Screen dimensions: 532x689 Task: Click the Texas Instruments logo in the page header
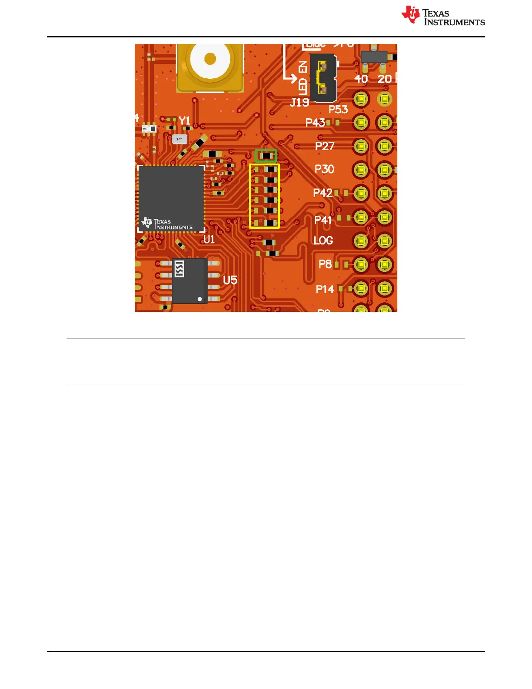442,16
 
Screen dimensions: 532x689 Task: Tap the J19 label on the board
299,103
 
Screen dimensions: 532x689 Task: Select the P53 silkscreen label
338,110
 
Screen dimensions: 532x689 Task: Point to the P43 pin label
315,123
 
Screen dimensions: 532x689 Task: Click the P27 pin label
325,146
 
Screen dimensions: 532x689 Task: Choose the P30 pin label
324,169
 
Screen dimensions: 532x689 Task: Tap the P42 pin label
323,193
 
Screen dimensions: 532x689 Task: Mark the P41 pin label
323,220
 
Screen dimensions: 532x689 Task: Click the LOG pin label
323,241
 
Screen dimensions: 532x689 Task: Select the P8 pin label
325,264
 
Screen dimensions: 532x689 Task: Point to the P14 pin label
325,289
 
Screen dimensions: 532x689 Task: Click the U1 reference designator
209,239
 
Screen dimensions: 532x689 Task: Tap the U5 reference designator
230,280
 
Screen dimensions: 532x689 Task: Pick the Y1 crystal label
185,120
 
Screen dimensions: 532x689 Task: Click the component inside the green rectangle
266,156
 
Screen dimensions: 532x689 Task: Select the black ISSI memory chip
190,281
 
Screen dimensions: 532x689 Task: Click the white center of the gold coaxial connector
210,59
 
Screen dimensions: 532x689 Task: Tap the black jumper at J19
323,78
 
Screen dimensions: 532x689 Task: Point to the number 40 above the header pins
361,79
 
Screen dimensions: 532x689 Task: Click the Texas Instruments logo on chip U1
167,224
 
